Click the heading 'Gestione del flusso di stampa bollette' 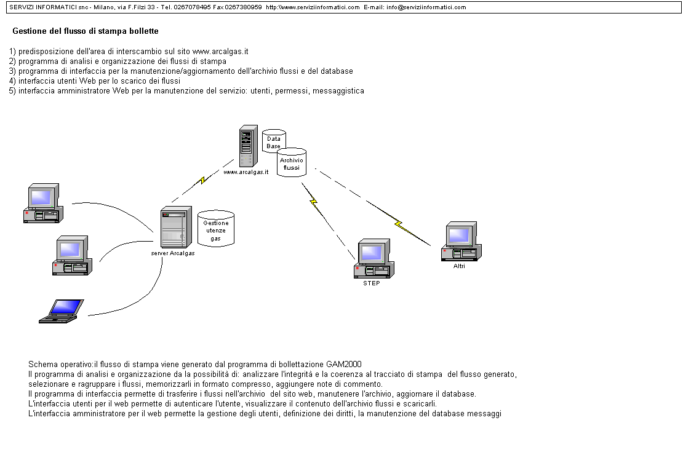[85, 31]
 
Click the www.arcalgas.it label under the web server [246, 172]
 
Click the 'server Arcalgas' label [173, 253]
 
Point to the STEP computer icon [374, 260]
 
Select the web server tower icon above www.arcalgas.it [248, 146]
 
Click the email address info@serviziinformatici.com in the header [426, 7]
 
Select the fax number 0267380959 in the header [243, 7]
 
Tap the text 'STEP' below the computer [372, 283]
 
